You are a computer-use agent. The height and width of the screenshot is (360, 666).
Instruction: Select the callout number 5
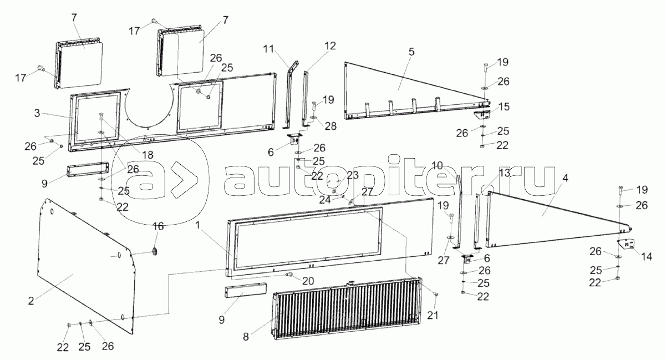(411, 52)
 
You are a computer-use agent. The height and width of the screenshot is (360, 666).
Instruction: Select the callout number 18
(148, 155)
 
